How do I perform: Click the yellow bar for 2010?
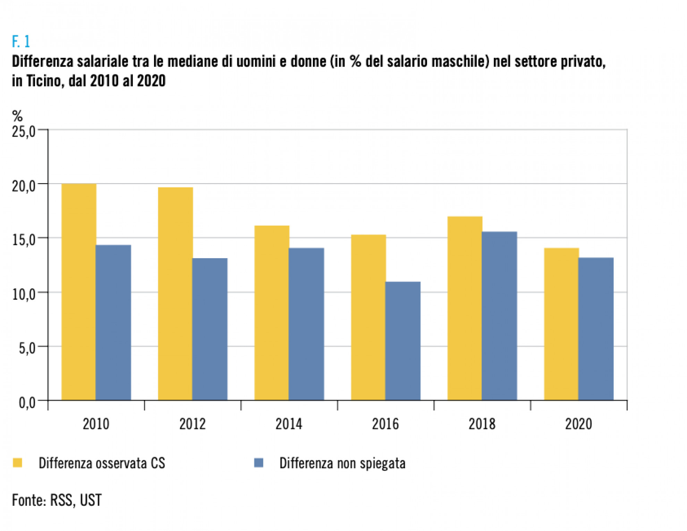click(79, 292)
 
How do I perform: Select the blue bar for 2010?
click(113, 322)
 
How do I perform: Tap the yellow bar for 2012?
click(175, 294)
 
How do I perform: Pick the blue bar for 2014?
click(306, 324)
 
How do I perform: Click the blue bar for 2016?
click(403, 341)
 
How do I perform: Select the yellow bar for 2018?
click(465, 308)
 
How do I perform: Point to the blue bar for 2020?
click(596, 329)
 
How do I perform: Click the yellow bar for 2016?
click(368, 317)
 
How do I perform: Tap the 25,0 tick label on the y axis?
click(24, 132)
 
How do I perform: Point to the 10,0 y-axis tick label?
click(24, 294)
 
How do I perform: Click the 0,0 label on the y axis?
click(27, 403)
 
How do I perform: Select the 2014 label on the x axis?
click(289, 424)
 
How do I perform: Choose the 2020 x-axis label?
click(578, 424)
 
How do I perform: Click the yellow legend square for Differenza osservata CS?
click(17, 463)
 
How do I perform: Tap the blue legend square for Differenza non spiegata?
click(259, 463)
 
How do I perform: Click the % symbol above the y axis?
click(17, 115)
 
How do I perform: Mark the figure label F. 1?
click(21, 42)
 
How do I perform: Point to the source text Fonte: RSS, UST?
click(57, 500)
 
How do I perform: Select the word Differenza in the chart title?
click(43, 61)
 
